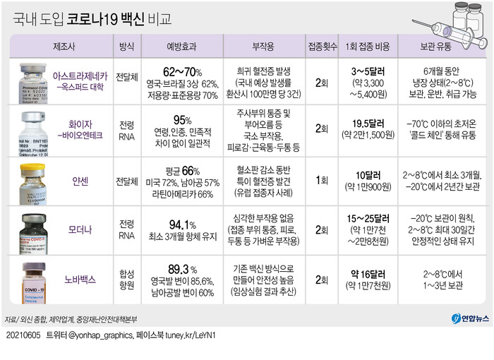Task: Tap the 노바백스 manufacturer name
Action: [81, 280]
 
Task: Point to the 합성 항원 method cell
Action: [126, 280]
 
